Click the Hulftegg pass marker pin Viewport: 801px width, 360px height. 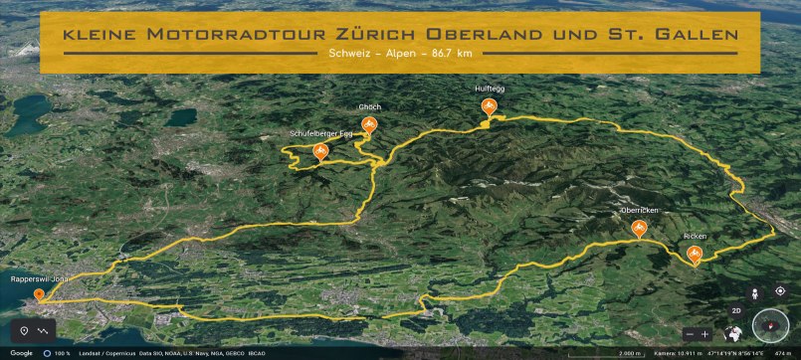tap(489, 106)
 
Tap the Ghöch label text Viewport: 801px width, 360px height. tap(370, 106)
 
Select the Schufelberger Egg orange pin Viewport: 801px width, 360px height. tap(320, 151)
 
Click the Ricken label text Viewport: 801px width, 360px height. tap(695, 237)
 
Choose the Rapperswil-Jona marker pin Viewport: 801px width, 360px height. tap(39, 294)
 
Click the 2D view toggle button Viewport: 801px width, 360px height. tap(737, 310)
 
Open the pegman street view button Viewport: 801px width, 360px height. tap(754, 292)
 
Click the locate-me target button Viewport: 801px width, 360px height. tap(780, 291)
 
